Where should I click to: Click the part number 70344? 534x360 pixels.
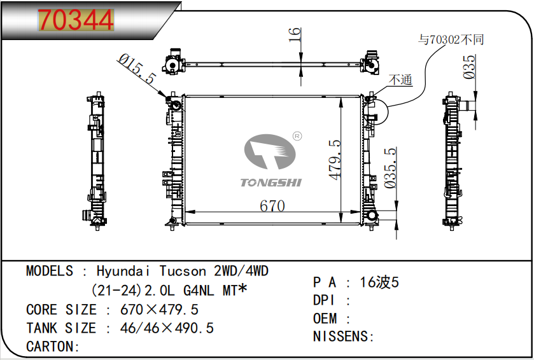point(76,20)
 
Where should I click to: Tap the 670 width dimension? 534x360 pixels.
point(272,206)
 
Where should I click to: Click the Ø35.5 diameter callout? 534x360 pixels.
point(392,168)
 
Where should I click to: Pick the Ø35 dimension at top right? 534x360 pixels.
point(470,67)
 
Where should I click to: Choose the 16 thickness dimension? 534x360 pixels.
point(294,35)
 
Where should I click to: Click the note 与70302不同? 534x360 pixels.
point(451,39)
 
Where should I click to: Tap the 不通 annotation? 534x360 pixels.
point(400,80)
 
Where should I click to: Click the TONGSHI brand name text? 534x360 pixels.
point(271,183)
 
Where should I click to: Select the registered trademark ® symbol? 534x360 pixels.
point(297,135)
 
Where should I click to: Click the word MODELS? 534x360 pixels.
point(50,271)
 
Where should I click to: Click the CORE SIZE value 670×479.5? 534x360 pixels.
point(159,310)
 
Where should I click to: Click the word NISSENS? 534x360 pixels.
point(341,336)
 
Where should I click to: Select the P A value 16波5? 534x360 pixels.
point(379,282)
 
